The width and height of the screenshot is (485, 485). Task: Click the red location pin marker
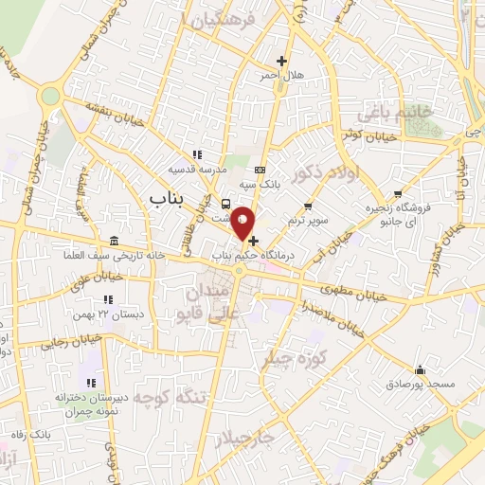(x=243, y=224)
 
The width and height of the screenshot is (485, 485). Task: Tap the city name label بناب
(x=169, y=196)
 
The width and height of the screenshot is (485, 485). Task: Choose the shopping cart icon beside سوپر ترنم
(x=307, y=207)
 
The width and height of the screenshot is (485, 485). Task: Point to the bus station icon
(x=225, y=204)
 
